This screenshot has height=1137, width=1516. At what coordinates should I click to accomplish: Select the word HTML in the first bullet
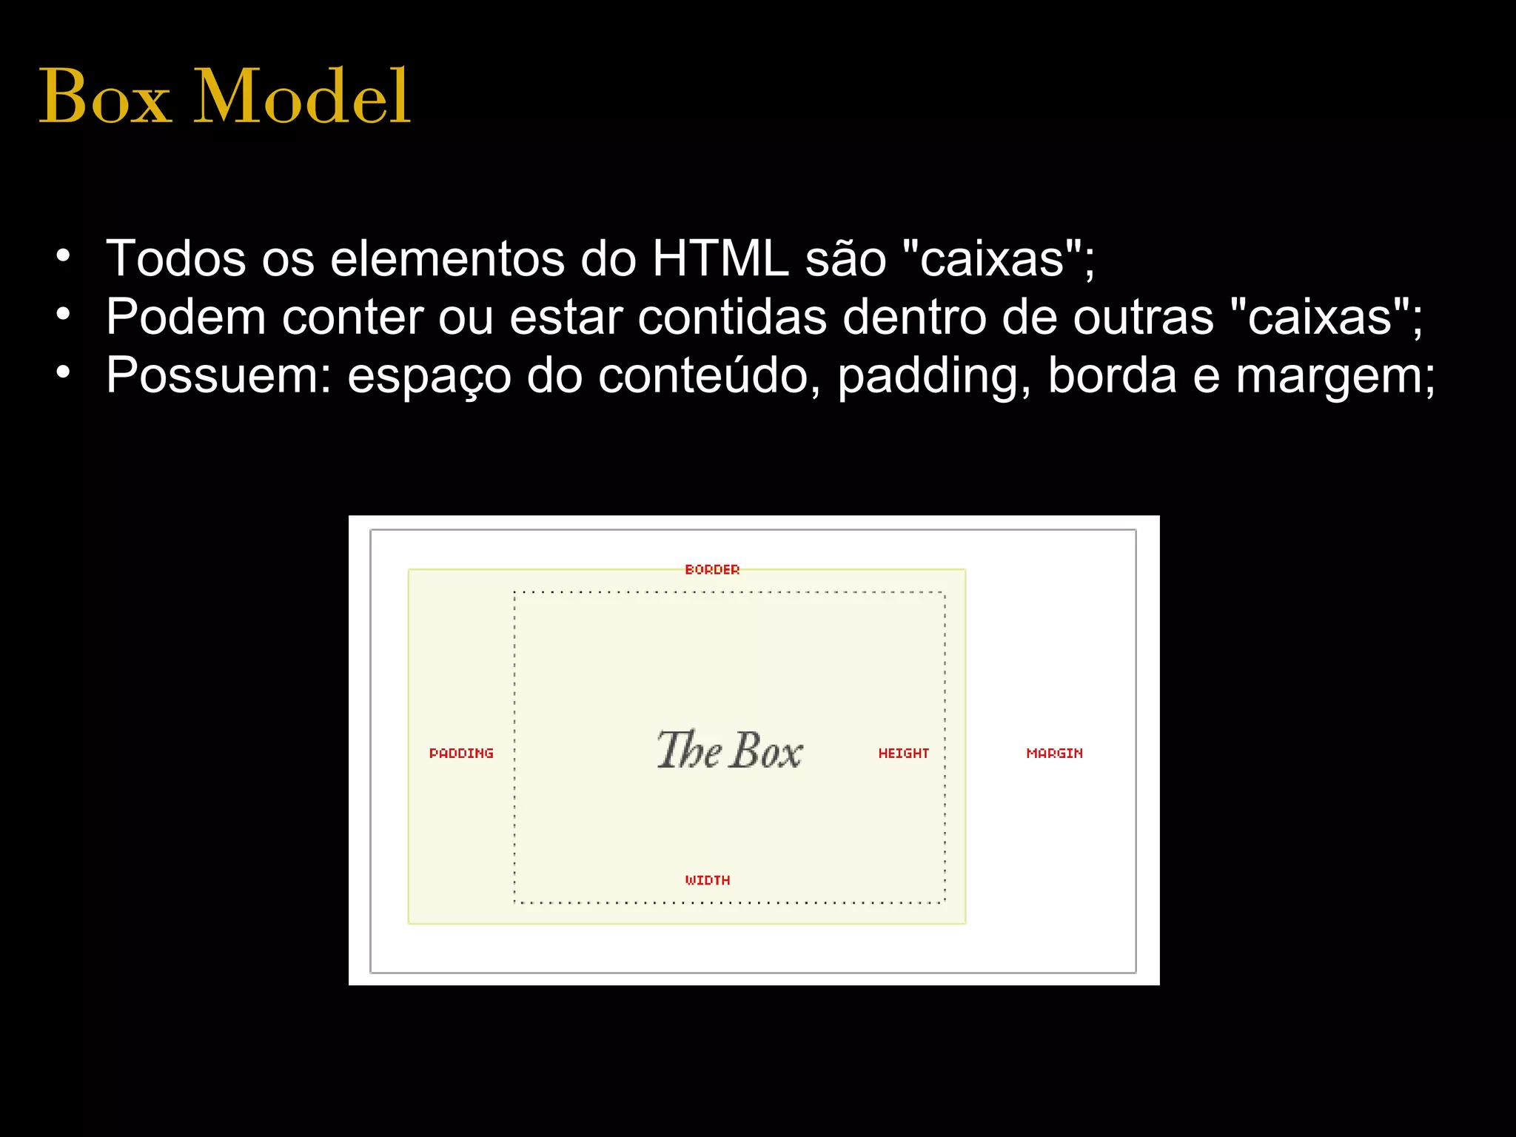point(720,259)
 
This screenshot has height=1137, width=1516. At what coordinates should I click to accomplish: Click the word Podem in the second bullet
point(185,317)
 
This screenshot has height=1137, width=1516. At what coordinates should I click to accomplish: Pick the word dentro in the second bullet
point(913,317)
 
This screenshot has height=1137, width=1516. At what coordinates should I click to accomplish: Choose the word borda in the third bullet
point(1112,375)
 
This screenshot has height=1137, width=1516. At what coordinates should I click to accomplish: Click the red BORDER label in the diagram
point(712,569)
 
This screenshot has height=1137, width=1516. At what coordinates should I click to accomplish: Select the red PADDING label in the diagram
point(461,753)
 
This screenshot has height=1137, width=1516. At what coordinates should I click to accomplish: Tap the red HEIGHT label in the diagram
point(903,753)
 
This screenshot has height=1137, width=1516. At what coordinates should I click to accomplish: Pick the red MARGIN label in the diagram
point(1054,753)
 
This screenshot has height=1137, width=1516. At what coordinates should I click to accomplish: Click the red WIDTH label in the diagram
point(708,880)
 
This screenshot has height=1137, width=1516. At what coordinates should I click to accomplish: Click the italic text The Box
point(729,750)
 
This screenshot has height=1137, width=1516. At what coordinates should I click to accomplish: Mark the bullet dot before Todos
point(64,256)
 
